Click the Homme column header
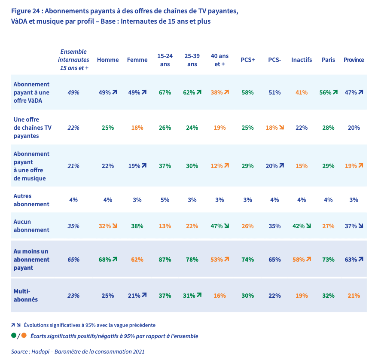coord(108,60)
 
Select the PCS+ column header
coord(248,60)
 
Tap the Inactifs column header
coord(302,60)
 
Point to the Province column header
coord(354,60)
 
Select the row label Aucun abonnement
coord(31,226)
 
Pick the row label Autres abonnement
coord(31,199)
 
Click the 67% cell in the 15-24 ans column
coord(165,92)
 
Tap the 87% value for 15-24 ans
coord(165,259)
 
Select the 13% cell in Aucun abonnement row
coord(165,226)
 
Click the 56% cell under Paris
coord(325,92)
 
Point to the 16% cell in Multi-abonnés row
coord(219,295)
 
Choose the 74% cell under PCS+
coord(248,259)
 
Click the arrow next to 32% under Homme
coord(115,226)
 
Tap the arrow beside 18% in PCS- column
coord(281,128)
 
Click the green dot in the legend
coord(14,336)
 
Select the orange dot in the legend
coord(24,336)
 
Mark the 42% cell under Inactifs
coord(298,226)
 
